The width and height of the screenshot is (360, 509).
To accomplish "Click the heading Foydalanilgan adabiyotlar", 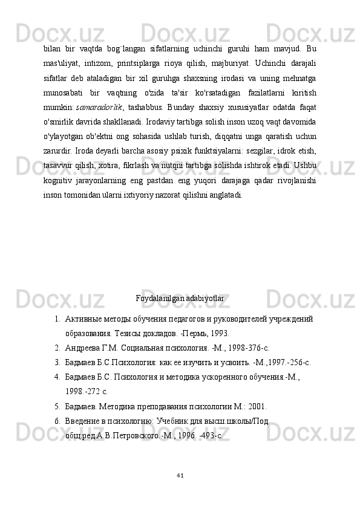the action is pyautogui.click(x=180, y=298).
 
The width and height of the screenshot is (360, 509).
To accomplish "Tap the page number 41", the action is pyautogui.click(x=180, y=474).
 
